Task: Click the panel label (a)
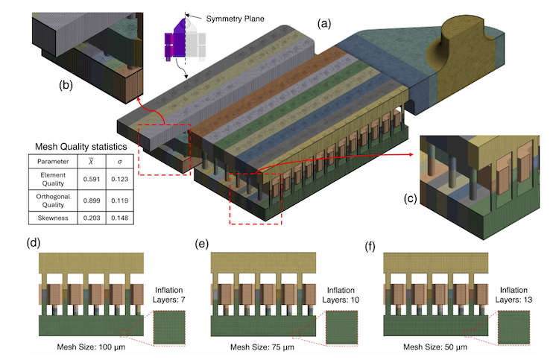[x=324, y=24]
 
